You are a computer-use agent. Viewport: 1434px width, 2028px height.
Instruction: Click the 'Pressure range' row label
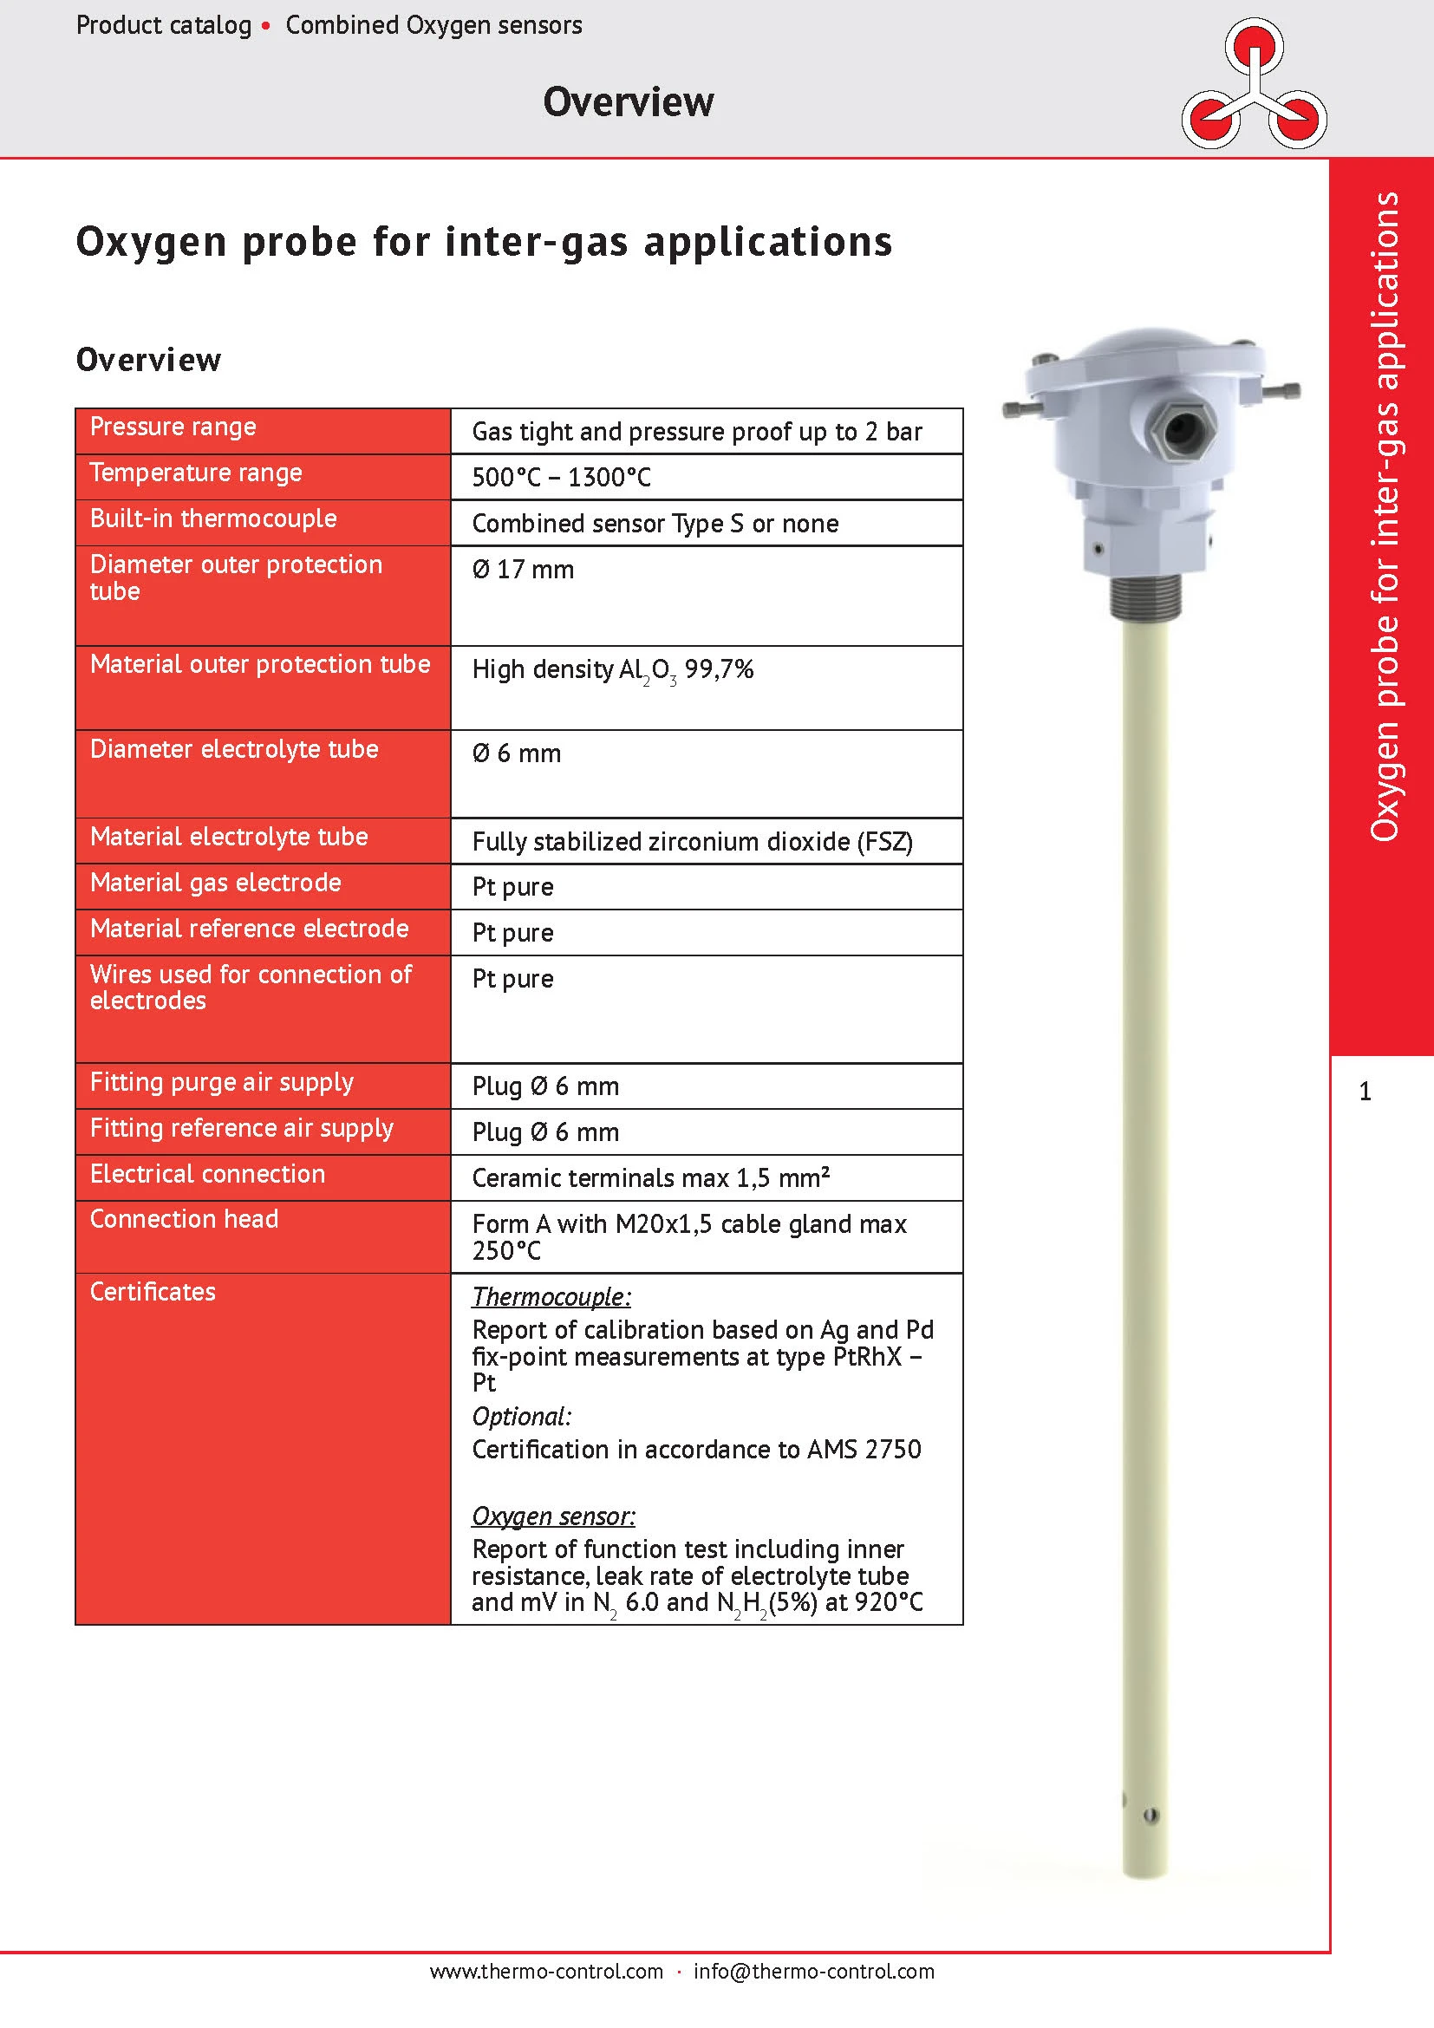173,427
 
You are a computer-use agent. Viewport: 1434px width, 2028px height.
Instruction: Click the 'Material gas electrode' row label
216,883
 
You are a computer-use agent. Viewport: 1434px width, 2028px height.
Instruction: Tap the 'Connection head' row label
184,1219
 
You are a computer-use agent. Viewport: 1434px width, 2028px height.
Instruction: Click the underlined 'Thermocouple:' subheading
551,1296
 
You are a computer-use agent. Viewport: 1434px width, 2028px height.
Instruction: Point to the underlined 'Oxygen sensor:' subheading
553,1516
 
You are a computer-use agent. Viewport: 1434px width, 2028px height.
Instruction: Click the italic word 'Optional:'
521,1416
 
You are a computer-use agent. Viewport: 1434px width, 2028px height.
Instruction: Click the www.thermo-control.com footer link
545,1971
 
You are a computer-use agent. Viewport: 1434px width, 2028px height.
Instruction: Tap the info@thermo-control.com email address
813,1971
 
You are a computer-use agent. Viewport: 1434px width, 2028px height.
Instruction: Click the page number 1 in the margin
1365,1092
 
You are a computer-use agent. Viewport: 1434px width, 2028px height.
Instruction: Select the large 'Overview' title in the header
628,101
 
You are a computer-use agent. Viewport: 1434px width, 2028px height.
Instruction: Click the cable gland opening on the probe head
1182,430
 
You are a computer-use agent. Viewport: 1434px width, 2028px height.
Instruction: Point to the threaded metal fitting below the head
1144,599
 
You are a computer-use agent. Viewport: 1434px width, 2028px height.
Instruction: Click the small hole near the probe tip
1150,1816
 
